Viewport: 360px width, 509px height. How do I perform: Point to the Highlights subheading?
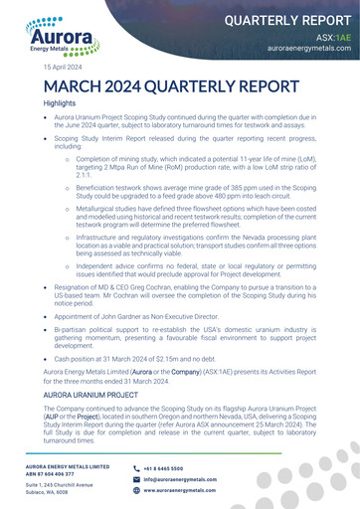coord(59,103)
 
